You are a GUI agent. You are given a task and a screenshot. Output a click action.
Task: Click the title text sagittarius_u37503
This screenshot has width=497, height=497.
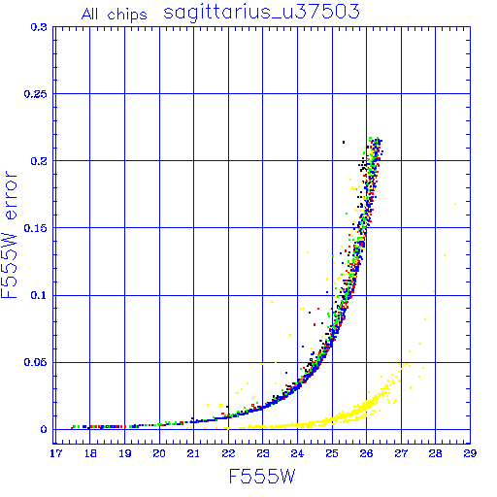point(261,13)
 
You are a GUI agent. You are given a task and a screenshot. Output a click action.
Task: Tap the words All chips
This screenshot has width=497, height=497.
point(115,15)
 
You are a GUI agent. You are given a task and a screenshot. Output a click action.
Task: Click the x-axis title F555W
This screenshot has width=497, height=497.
point(262,477)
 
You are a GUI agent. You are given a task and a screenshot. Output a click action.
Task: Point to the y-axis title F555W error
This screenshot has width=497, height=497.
point(9,234)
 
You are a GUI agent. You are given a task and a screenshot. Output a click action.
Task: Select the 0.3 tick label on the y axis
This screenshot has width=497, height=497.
point(39,27)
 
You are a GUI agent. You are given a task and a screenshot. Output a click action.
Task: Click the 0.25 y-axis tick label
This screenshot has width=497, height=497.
point(36,94)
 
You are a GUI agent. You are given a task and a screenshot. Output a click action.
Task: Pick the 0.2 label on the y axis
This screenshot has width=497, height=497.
point(39,161)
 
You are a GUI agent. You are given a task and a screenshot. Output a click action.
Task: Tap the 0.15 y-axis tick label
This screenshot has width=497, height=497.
point(36,228)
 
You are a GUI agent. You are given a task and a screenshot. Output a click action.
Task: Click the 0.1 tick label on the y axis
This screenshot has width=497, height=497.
point(39,295)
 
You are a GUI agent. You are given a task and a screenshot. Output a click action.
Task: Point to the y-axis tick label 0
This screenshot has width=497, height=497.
point(44,430)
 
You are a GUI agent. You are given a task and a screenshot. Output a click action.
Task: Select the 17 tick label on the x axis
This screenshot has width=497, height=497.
point(55,453)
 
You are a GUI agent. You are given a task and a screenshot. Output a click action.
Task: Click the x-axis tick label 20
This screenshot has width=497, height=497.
point(159,453)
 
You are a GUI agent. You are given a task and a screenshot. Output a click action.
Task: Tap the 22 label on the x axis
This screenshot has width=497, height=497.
point(228,453)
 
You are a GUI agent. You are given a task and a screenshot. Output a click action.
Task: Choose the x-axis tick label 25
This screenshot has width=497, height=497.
point(332,453)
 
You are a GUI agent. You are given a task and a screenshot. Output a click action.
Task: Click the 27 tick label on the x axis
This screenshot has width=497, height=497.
point(401,453)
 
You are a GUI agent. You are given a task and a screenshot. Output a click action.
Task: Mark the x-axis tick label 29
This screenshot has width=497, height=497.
point(470,453)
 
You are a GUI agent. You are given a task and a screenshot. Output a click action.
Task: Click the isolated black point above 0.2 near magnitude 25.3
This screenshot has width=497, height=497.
point(344,142)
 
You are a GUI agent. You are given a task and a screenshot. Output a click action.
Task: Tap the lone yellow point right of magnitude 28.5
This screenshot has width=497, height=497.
point(455,204)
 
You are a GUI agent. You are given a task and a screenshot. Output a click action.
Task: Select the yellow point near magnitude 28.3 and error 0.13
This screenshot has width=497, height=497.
point(445,255)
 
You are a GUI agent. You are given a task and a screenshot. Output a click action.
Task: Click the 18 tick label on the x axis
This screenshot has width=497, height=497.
point(90,453)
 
